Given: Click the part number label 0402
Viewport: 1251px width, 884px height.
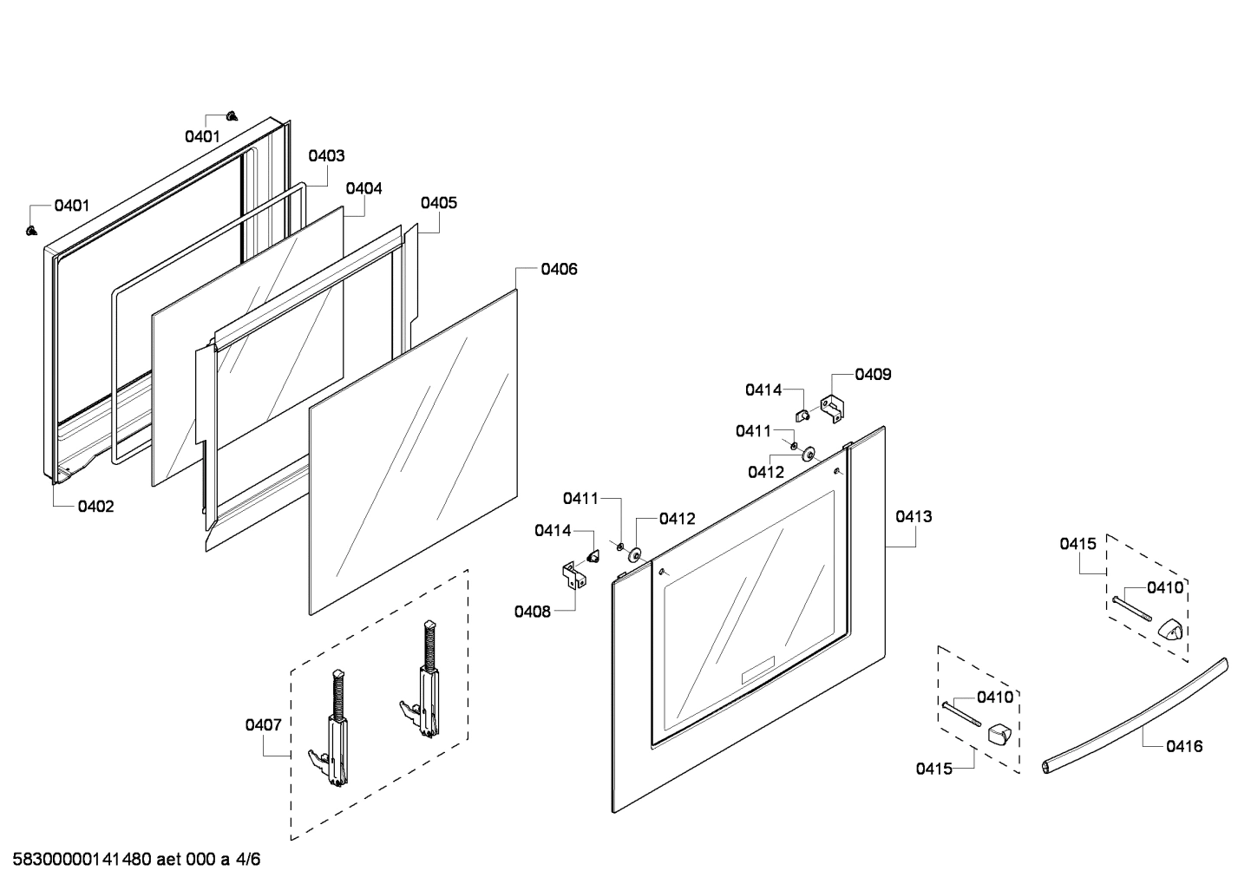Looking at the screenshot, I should click(95, 507).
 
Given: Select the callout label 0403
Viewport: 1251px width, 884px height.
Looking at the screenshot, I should click(326, 156).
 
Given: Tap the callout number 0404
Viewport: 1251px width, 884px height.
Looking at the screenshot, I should click(364, 188).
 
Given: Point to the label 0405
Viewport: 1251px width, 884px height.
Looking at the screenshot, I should click(439, 203).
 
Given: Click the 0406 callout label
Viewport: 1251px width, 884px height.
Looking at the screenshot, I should click(559, 269).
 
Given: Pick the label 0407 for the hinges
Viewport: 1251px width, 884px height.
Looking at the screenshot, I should click(263, 725).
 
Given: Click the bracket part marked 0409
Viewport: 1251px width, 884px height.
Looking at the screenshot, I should click(833, 408).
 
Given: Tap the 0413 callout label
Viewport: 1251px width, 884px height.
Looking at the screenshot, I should click(914, 517).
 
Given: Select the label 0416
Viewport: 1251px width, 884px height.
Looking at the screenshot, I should click(1184, 746).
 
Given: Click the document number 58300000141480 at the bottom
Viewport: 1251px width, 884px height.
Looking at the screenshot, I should click(77, 860).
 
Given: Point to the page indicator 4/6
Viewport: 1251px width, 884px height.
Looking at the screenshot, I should click(248, 860).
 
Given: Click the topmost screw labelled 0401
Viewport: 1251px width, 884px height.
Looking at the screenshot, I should click(232, 115).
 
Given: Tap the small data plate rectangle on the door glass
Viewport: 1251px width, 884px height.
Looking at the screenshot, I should click(756, 672).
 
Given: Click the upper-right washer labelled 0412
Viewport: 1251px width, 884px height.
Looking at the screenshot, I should click(809, 454).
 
